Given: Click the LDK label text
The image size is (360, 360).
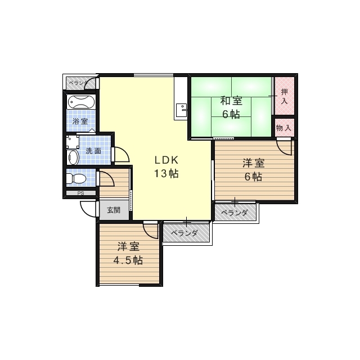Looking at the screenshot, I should coord(166,160).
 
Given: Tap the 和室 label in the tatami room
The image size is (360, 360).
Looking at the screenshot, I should coord(231,101).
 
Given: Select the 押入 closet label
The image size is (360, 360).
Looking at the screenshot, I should coord(285,97).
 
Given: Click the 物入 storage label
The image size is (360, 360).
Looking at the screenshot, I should coord(283,128).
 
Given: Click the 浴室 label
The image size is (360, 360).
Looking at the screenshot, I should coord(80,121).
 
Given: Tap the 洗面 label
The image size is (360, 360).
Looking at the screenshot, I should coord(93,151).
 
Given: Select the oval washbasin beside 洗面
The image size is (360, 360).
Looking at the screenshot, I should coord(74,156).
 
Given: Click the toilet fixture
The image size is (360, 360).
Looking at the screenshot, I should coord(75,179).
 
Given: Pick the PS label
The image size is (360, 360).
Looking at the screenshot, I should coord(80,193).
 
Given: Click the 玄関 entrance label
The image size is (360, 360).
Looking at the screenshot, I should coord(114,210).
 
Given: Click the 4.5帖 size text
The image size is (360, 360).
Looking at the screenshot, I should coord(128,260).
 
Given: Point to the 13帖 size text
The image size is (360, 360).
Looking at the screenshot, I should coord(166,173).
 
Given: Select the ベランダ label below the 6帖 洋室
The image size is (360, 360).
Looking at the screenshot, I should coord(235,213).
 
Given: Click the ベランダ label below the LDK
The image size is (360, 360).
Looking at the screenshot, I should coord(185,233).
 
